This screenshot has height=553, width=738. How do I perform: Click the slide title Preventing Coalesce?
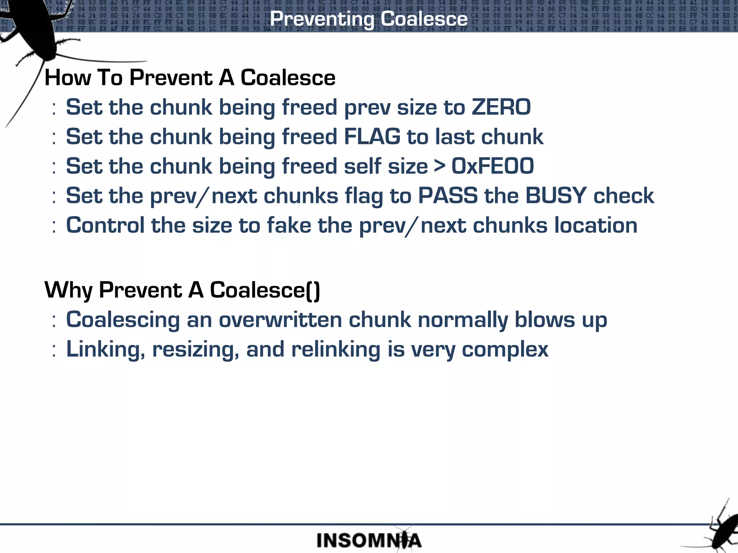tap(369, 19)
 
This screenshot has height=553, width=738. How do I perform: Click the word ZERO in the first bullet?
tap(501, 107)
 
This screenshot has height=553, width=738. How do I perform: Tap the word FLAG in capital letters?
tap(372, 137)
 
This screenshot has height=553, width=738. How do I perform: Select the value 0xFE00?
tap(493, 166)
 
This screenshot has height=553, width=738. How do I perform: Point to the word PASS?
tap(448, 196)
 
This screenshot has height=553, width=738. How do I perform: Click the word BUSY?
tap(556, 196)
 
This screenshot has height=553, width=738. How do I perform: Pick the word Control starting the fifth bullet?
tap(105, 225)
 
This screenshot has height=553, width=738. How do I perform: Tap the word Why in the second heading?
tap(68, 290)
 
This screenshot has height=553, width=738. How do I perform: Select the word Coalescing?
tap(123, 320)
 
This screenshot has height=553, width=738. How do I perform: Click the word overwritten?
tap(280, 320)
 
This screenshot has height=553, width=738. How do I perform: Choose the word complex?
tap(505, 350)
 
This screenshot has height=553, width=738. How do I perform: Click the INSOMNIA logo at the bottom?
tap(369, 540)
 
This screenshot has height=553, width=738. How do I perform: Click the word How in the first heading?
tap(68, 78)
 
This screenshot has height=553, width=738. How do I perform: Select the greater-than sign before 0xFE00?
tap(440, 166)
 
